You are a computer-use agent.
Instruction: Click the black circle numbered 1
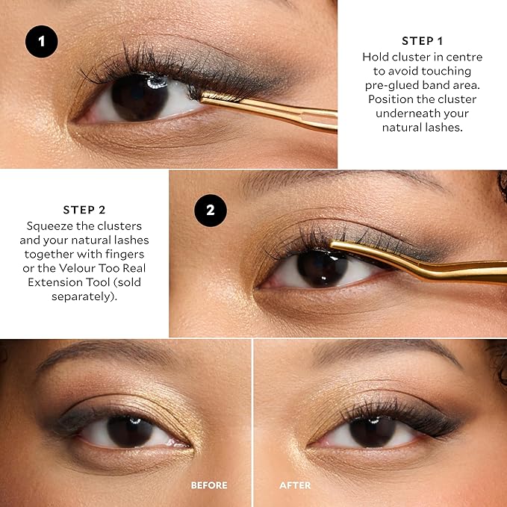(x=42, y=42)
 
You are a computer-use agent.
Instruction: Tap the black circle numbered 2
(x=211, y=211)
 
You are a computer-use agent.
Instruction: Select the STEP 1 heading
(x=422, y=41)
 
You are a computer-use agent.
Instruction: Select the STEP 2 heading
(x=84, y=210)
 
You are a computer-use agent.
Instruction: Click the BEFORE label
(x=209, y=485)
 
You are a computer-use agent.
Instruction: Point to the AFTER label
(x=295, y=485)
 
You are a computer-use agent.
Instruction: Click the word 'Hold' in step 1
(x=376, y=57)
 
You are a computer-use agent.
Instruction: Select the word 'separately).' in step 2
(x=84, y=297)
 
